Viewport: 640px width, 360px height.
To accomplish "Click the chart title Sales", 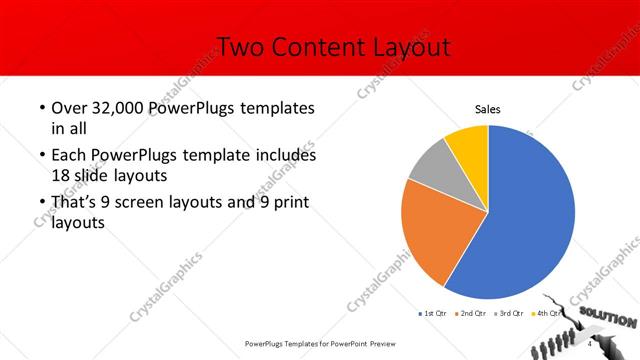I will pyautogui.click(x=487, y=110).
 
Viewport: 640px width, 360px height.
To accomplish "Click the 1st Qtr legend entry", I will pyautogui.click(x=433, y=313).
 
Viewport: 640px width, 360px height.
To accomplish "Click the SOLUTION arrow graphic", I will pyautogui.click(x=605, y=318).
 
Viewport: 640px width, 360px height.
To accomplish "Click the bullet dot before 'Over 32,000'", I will pyautogui.click(x=41, y=108).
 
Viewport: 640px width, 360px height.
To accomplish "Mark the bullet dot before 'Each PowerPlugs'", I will pyautogui.click(x=41, y=156).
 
